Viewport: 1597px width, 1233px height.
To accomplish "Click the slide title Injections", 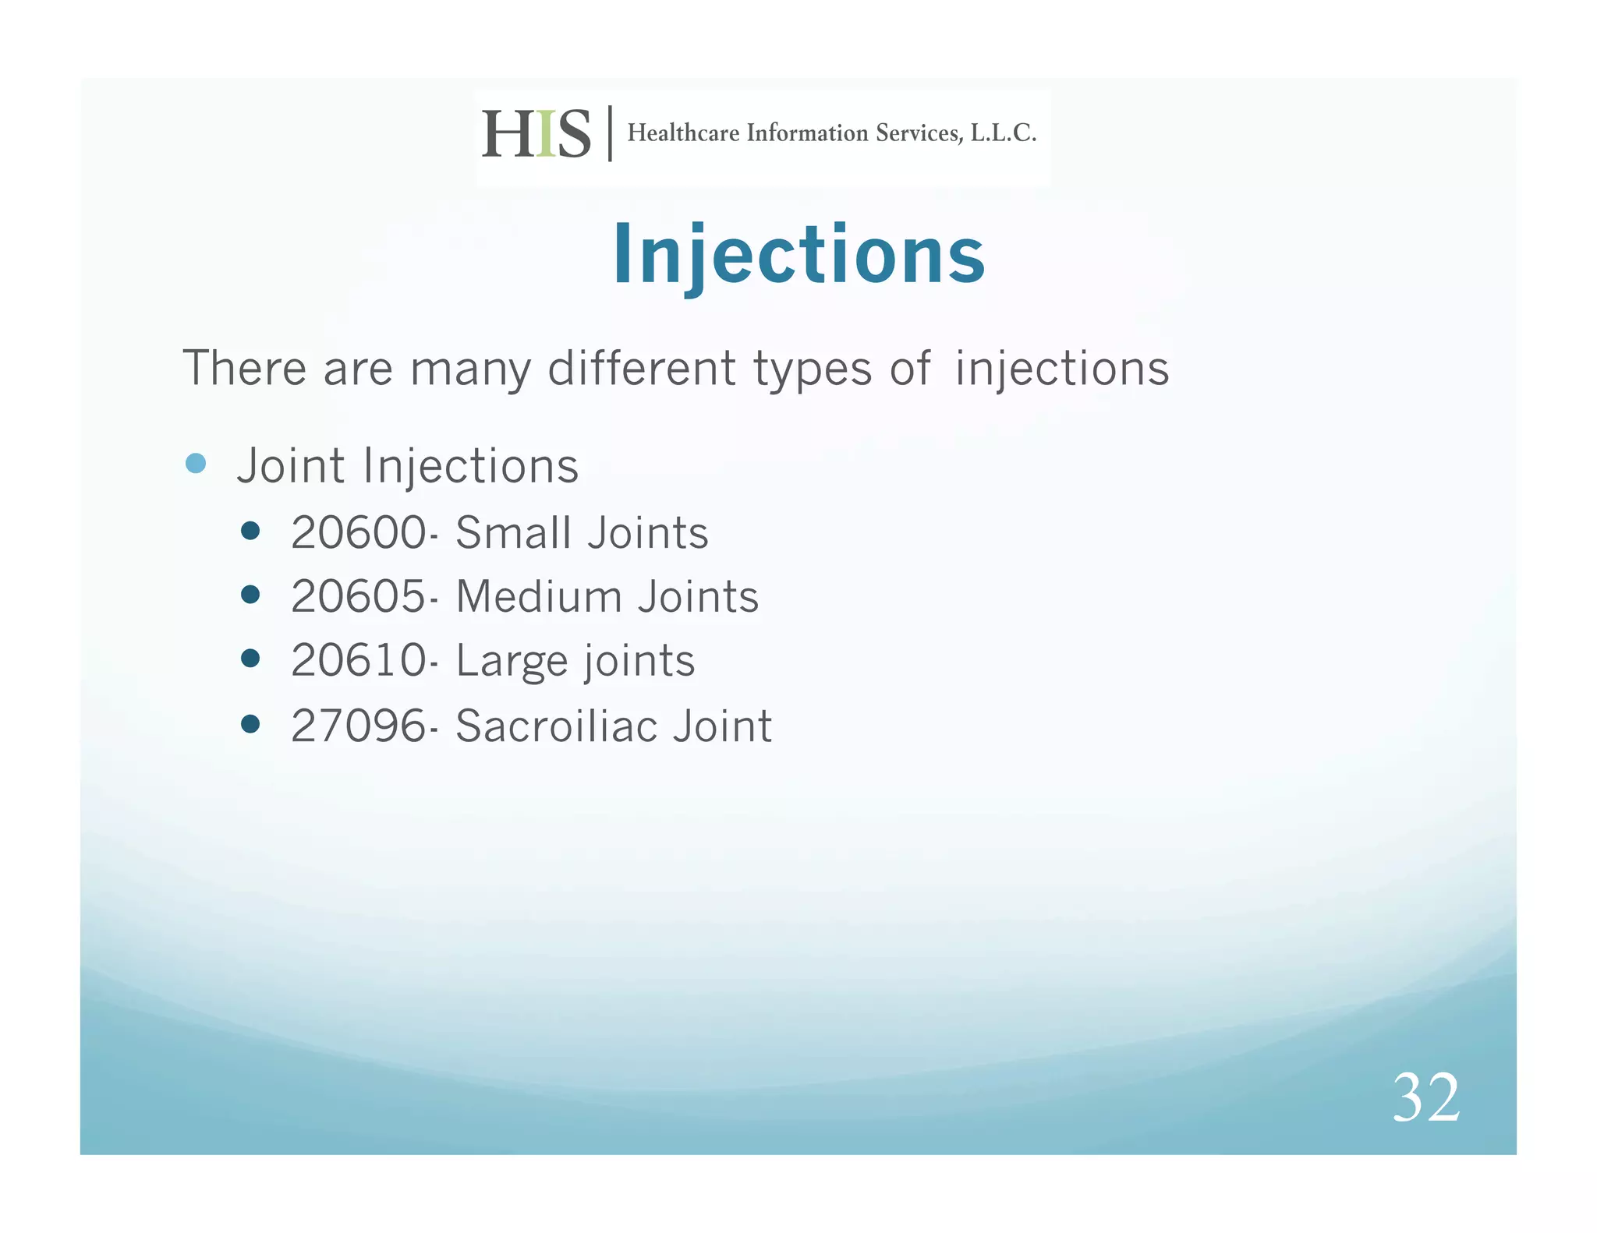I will [798, 255].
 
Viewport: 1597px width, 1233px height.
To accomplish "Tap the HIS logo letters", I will [536, 134].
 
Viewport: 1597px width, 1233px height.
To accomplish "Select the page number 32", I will [1425, 1097].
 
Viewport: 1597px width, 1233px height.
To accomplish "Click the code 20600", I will [359, 533].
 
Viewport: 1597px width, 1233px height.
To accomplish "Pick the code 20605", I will [359, 597].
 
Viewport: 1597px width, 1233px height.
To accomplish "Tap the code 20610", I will [359, 661].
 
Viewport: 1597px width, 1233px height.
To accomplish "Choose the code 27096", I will [359, 726].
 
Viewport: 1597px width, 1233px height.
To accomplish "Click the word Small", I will [513, 533].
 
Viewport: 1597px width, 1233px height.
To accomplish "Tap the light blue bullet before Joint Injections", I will [196, 464].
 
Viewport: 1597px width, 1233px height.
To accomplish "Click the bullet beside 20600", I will [250, 532].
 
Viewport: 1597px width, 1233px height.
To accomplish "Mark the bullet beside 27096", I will [250, 725].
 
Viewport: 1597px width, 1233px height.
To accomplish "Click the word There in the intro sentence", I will [244, 368].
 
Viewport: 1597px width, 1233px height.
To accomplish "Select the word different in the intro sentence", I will [641, 368].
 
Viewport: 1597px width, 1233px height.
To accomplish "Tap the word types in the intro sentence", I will [812, 369].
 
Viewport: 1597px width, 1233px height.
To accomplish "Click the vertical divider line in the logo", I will [610, 133].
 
